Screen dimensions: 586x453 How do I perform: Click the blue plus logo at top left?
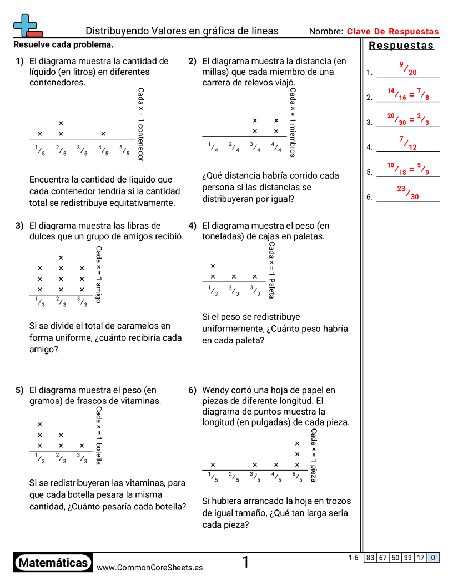[x=26, y=25]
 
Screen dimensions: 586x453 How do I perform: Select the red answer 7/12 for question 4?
[x=407, y=143]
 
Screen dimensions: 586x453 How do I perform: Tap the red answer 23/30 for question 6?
[x=407, y=193]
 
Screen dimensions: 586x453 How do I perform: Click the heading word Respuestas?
[x=401, y=46]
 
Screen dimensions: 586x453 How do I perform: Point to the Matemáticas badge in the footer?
[x=53, y=563]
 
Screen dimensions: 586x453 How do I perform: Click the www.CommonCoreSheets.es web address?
[x=149, y=567]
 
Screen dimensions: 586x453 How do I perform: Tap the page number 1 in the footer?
[x=245, y=563]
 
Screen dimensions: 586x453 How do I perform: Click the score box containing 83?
[x=370, y=558]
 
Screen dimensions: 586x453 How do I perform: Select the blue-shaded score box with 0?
[x=433, y=558]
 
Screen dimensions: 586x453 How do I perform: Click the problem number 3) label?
[x=19, y=225]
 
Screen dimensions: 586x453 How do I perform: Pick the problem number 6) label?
[x=192, y=390]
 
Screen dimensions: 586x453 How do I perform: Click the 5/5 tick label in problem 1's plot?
[x=124, y=150]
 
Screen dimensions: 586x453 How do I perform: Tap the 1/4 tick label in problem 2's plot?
[x=213, y=147]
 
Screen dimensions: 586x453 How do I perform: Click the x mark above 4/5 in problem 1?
[x=103, y=134]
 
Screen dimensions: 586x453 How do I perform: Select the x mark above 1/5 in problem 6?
[x=213, y=465]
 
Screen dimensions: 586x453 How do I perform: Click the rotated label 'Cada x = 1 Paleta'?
[x=271, y=270]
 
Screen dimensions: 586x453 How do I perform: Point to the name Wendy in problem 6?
[x=215, y=390]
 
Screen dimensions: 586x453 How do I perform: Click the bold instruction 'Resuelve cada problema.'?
[x=63, y=44]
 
